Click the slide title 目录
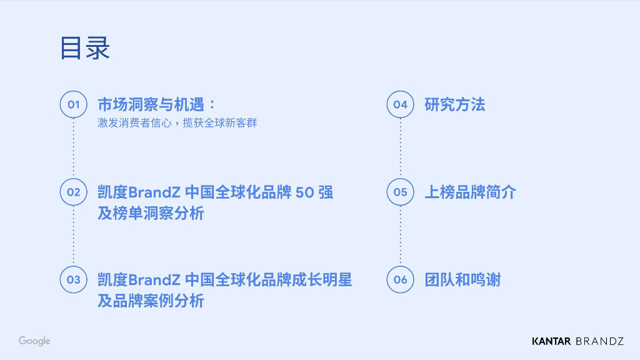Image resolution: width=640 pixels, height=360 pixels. [85, 48]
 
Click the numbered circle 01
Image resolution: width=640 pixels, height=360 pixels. [74, 104]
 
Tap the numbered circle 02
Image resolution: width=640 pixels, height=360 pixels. [74, 192]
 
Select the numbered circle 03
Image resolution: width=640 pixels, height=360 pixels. [74, 279]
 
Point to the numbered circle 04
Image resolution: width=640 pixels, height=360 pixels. [401, 104]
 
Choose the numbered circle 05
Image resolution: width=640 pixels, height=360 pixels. [401, 192]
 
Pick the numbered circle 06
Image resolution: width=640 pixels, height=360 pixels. [401, 279]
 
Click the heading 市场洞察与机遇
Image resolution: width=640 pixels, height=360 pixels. [156, 104]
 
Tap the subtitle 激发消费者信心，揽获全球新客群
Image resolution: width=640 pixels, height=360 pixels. [177, 123]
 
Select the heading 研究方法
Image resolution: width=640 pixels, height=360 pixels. [454, 104]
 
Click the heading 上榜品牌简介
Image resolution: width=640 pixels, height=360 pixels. [470, 192]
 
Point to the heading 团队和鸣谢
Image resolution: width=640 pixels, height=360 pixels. [462, 279]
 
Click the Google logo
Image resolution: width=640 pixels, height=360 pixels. [34, 341]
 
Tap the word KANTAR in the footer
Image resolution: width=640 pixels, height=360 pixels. [551, 341]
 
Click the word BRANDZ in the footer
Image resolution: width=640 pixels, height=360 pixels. [599, 341]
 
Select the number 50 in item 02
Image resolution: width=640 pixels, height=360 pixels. [304, 192]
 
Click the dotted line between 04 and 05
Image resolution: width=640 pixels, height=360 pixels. [401, 148]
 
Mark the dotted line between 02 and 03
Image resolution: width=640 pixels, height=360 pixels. [74, 236]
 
